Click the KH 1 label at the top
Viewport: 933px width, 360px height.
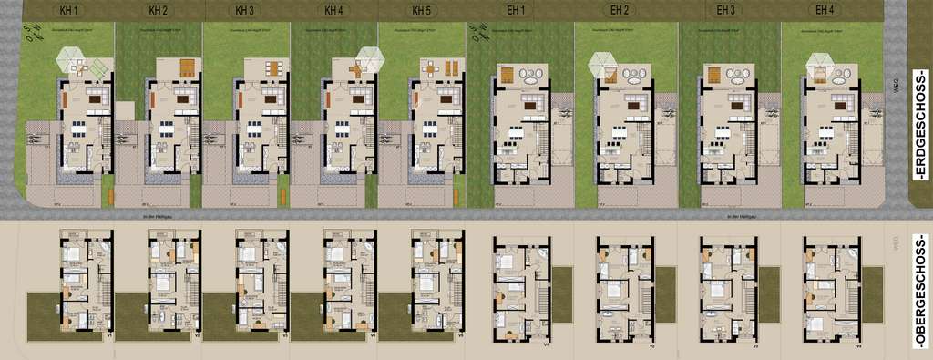click(x=68, y=11)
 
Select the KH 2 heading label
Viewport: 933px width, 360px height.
click(x=158, y=11)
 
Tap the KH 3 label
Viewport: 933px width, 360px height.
click(x=244, y=11)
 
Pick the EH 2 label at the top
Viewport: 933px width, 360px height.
click(x=621, y=11)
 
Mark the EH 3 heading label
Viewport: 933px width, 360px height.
click(x=725, y=11)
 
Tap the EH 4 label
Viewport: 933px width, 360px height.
click(x=825, y=11)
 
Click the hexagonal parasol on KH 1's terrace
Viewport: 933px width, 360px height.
click(x=73, y=60)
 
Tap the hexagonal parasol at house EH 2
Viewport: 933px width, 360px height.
click(x=603, y=64)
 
